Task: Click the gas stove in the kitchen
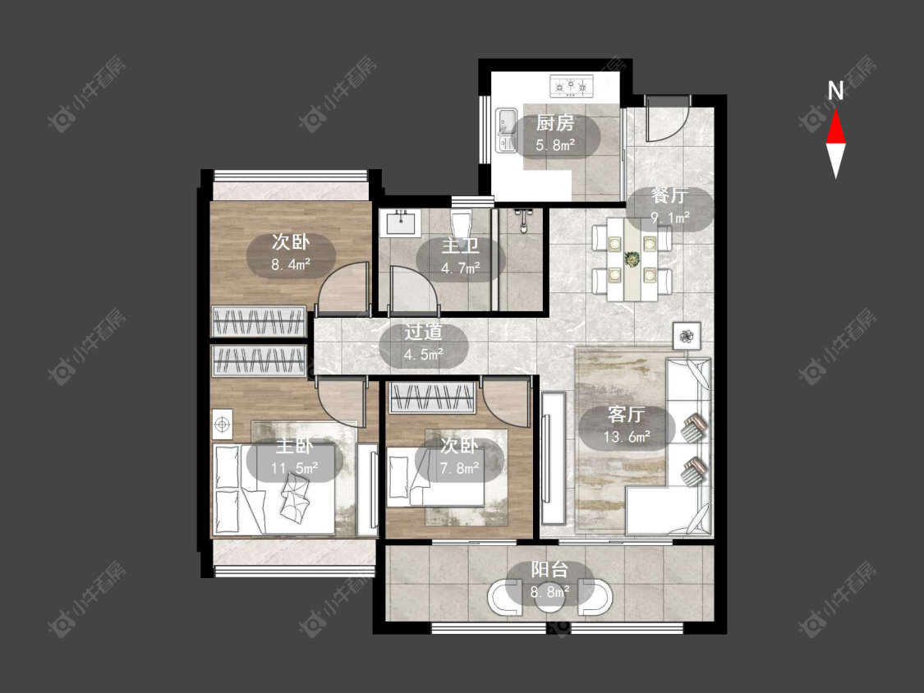[571, 86]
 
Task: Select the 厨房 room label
[554, 123]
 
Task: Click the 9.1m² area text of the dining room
[670, 218]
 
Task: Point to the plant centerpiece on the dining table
[632, 259]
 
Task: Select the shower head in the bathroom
[522, 218]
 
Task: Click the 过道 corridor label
[423, 332]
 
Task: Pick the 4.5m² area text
[423, 355]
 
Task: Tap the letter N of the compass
[835, 91]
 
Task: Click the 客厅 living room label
[626, 415]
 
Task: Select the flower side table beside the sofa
[686, 336]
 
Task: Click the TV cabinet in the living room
[554, 458]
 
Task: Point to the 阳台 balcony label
[549, 569]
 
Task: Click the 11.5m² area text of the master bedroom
[294, 469]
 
